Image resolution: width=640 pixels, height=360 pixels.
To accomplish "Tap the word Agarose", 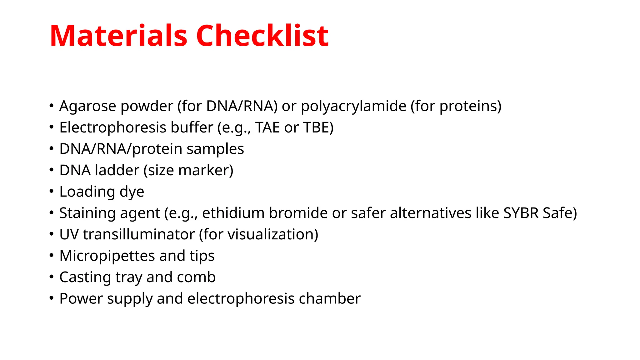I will pyautogui.click(x=88, y=106).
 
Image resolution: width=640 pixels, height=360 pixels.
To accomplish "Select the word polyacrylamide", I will pyautogui.click(x=353, y=106).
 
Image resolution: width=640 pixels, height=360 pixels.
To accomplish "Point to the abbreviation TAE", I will pyautogui.click(x=267, y=127).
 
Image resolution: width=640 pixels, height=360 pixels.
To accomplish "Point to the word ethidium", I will pyautogui.click(x=233, y=213).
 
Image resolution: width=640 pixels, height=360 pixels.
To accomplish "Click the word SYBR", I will pyautogui.click(x=521, y=213).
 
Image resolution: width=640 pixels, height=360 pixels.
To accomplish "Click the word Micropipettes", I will pyautogui.click(x=107, y=256).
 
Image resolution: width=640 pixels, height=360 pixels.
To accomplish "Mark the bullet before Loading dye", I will pyautogui.click(x=52, y=191).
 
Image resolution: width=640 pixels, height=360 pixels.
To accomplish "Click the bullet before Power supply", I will pyautogui.click(x=52, y=298).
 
